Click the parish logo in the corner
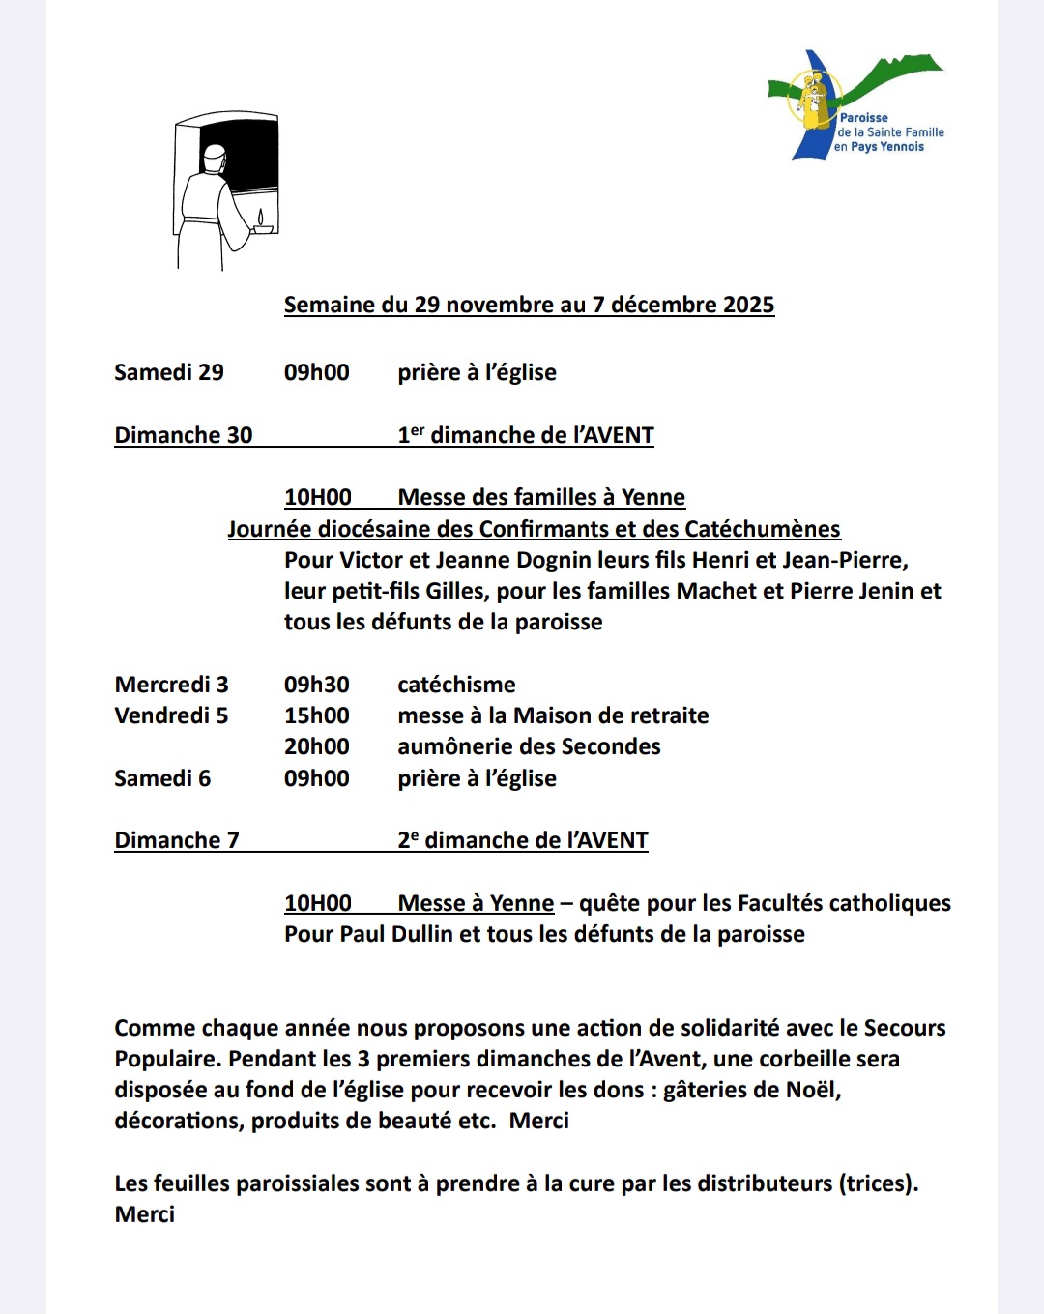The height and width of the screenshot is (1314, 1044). point(855,104)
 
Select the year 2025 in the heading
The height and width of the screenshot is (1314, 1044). point(748,305)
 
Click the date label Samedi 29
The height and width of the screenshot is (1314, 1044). point(169,372)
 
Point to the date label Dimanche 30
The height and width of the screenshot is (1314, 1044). point(184,435)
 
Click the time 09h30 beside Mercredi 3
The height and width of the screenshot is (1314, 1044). point(317,685)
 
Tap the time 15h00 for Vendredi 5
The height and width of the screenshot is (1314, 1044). point(317,715)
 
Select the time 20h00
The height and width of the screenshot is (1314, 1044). point(317,746)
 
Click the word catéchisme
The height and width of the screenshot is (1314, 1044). point(456,685)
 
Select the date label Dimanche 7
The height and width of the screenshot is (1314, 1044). point(177,840)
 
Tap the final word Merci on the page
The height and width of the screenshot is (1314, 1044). point(145,1214)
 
